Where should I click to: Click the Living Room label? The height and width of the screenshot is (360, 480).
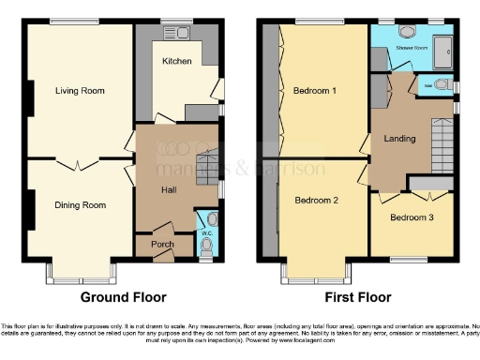click(80, 91)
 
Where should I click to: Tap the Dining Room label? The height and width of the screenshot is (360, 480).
click(80, 204)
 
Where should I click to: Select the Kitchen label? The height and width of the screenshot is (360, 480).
click(177, 61)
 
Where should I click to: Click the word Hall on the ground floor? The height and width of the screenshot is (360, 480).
click(170, 190)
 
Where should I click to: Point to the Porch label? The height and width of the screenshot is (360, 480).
click(162, 245)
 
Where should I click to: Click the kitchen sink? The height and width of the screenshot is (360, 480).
click(177, 33)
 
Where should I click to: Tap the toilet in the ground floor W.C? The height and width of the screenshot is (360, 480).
click(206, 246)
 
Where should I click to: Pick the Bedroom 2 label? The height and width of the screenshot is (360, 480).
click(316, 200)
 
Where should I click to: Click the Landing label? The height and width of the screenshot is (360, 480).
click(400, 140)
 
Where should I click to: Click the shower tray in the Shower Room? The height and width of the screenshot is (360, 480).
click(444, 47)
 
